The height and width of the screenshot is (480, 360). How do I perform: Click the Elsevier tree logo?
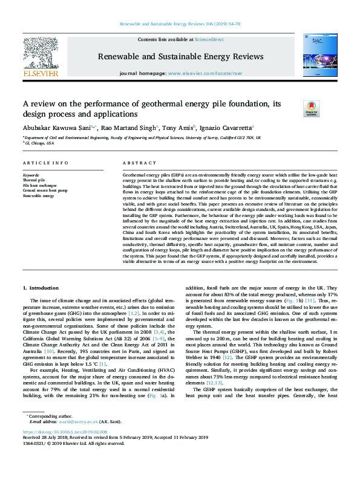[x=41, y=54]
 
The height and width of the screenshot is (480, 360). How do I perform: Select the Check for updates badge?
[x=311, y=108]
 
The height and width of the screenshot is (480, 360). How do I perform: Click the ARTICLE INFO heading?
[x=45, y=164]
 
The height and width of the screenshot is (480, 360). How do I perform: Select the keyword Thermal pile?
[x=33, y=180]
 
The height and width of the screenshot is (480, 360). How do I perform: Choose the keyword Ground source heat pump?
[x=46, y=191]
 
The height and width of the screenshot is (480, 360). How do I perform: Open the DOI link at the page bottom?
[x=65, y=449]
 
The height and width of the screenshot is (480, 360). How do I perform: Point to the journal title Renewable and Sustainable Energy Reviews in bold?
[x=180, y=56]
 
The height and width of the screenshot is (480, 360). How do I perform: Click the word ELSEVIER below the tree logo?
[x=41, y=73]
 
